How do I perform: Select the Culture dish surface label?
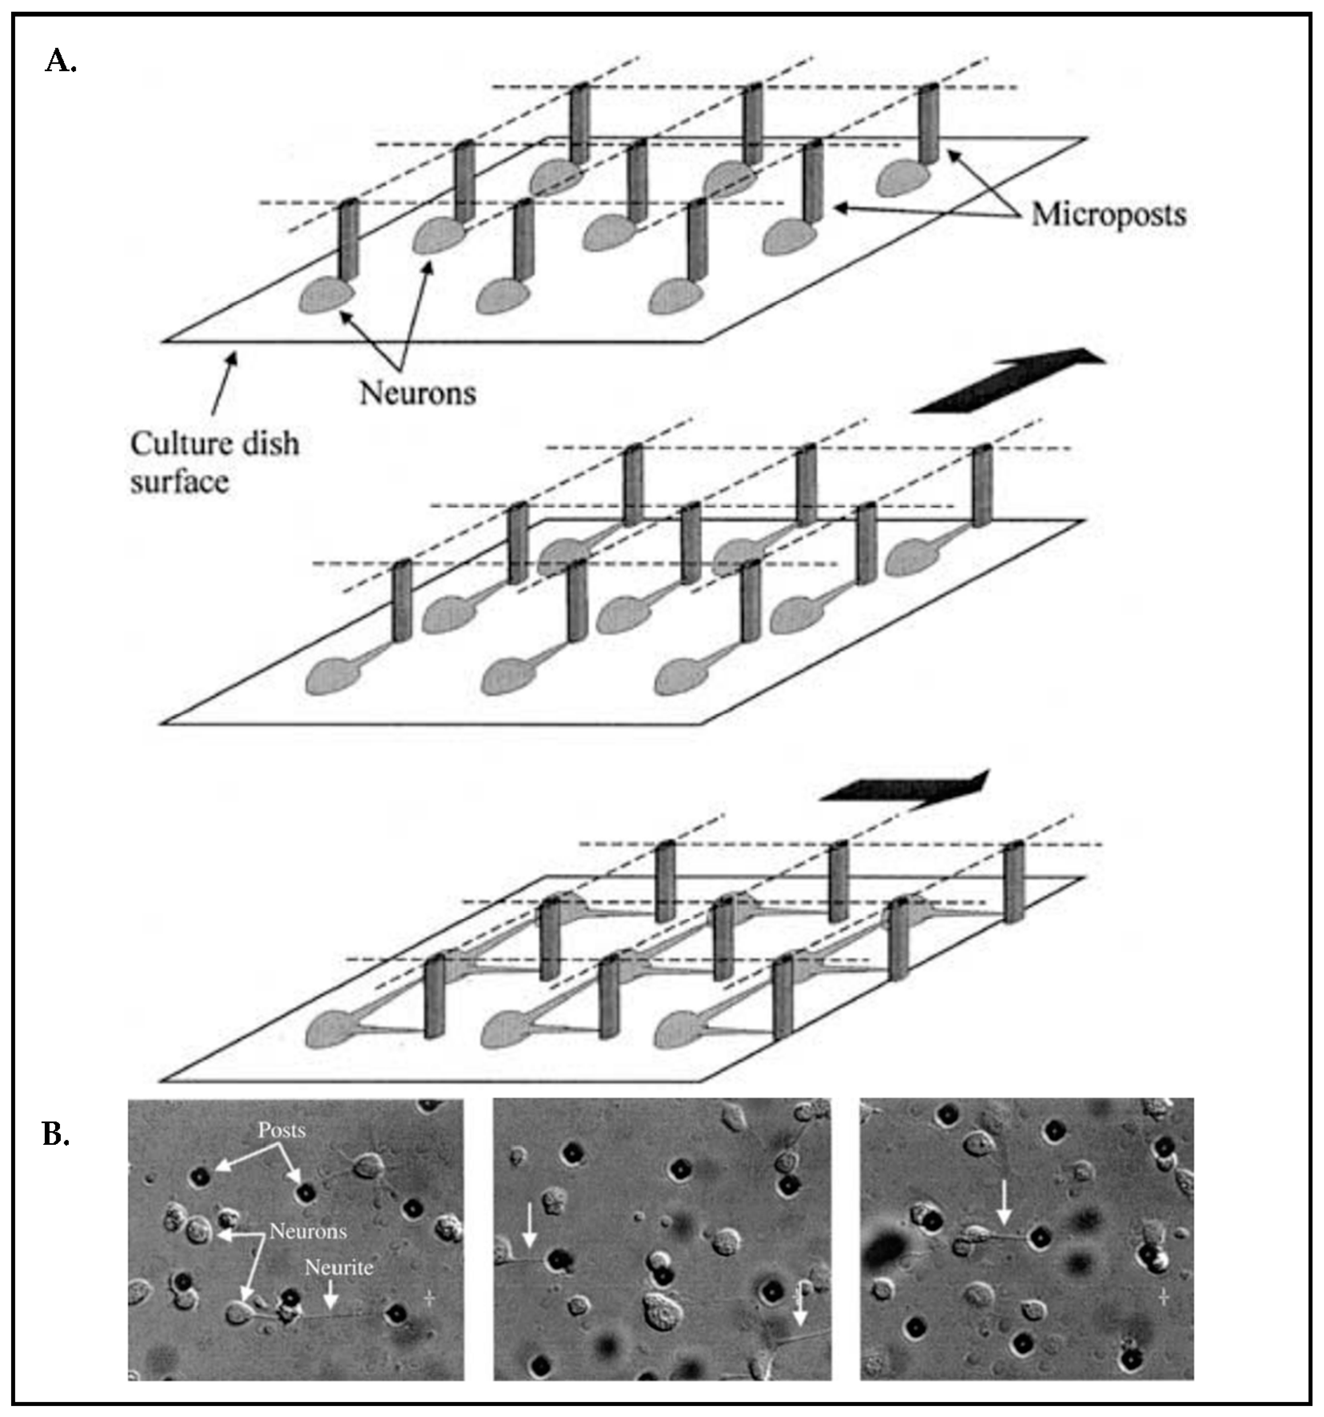coord(214,463)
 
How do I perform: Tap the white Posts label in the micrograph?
coord(282,1130)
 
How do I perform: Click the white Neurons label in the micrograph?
coord(308,1232)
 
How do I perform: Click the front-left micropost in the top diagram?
coord(347,242)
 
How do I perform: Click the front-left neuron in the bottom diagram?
coord(332,1032)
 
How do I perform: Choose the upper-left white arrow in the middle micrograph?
coord(528,1226)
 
